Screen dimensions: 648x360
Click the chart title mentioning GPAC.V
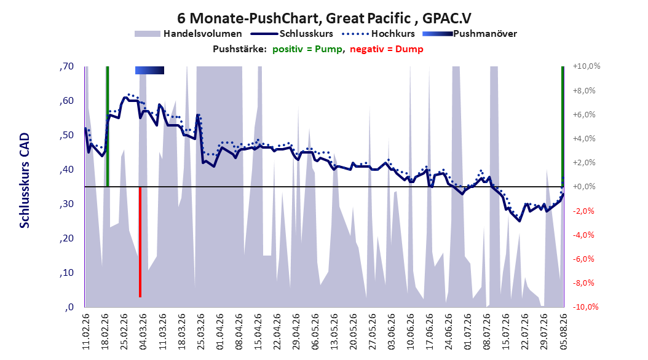pyautogui.click(x=324, y=18)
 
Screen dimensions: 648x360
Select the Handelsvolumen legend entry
pyautogui.click(x=188, y=34)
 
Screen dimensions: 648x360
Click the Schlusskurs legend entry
pyautogui.click(x=292, y=34)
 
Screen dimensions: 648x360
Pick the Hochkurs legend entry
pyautogui.click(x=379, y=34)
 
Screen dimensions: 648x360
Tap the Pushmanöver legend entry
pyautogui.click(x=470, y=34)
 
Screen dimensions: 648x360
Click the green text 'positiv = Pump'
pyautogui.click(x=307, y=49)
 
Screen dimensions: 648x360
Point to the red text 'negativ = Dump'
pyautogui.click(x=387, y=49)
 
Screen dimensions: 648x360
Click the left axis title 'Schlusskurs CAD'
pyautogui.click(x=25, y=180)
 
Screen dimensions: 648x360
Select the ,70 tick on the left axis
pyautogui.click(x=66, y=66)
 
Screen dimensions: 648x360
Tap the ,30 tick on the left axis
pyautogui.click(x=66, y=204)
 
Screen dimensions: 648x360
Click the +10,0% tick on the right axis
pyautogui.click(x=587, y=66)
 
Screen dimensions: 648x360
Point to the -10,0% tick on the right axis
pyautogui.click(x=585, y=307)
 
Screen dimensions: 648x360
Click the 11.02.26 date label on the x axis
pyautogui.click(x=86, y=332)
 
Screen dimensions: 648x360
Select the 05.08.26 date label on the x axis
pyautogui.click(x=563, y=332)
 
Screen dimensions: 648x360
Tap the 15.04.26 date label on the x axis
pyautogui.click(x=258, y=332)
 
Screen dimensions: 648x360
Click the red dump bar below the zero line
pyautogui.click(x=140, y=242)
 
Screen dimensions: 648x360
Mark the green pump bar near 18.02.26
pyautogui.click(x=108, y=127)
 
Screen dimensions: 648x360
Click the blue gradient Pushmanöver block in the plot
pyautogui.click(x=149, y=70)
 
